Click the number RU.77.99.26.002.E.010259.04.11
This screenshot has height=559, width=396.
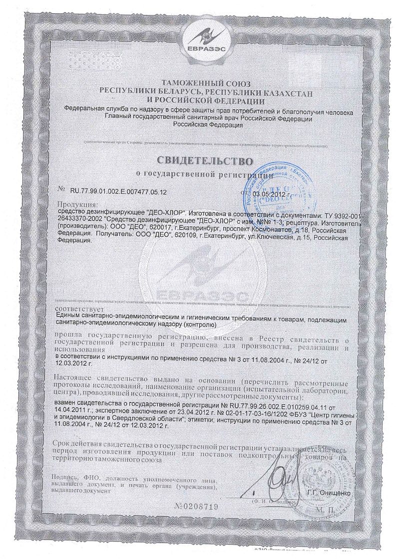[x=275, y=406]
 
